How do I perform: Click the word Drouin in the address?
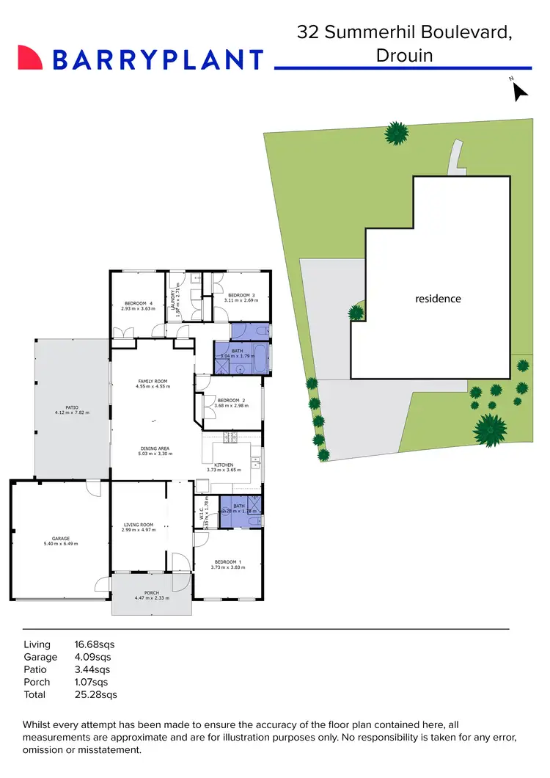point(405,55)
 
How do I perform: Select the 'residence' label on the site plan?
point(438,299)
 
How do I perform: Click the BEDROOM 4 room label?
point(139,304)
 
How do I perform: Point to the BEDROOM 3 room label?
point(241,295)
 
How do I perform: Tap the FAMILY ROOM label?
point(153,382)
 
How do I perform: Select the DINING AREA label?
point(155,448)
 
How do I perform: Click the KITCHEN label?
point(224,465)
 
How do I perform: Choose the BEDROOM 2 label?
point(232,400)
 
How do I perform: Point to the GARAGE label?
point(60,539)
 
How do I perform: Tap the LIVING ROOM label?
point(138,525)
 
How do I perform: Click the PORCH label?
point(151,593)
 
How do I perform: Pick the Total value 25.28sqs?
point(96,694)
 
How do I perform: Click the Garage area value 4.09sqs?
point(93,657)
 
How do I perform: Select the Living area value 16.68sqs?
point(95,644)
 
